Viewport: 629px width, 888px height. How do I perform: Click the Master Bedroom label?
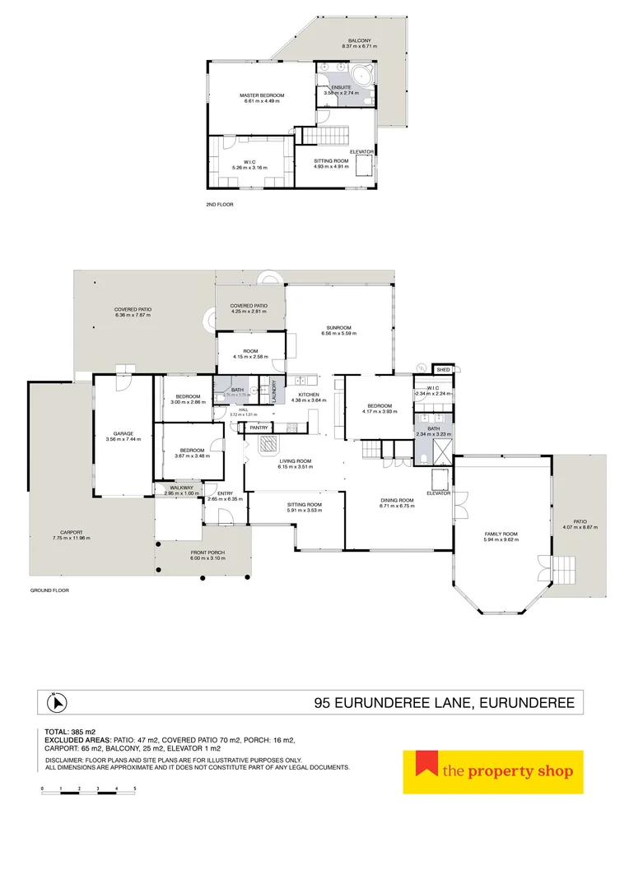[262, 95]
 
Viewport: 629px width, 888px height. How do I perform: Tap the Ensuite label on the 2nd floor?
[341, 86]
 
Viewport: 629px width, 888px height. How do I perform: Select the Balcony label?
[358, 39]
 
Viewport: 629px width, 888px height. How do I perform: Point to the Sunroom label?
[338, 327]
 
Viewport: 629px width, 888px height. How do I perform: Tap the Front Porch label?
[202, 552]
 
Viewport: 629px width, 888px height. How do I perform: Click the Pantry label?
[259, 428]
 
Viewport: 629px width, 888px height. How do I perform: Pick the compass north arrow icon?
[58, 703]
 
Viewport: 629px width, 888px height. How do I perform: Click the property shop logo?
[492, 772]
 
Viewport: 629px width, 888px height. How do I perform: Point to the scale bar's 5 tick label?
[135, 789]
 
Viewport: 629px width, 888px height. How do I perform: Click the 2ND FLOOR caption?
[220, 203]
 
